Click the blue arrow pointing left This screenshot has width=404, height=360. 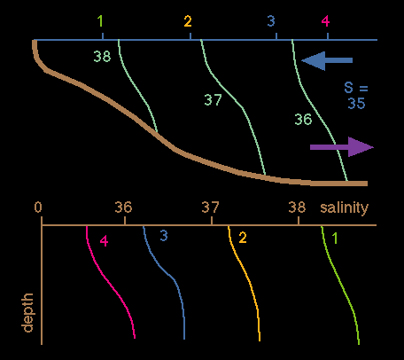point(327,60)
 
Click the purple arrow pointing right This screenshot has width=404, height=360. point(342,147)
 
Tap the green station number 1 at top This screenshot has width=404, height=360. point(101,21)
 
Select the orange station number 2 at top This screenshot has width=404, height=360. point(188,21)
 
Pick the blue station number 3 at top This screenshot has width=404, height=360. point(271,21)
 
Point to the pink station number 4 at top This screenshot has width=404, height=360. point(325,21)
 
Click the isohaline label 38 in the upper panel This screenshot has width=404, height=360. point(102,56)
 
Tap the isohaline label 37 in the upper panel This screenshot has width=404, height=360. point(213,100)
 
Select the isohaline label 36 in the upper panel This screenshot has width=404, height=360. point(303,120)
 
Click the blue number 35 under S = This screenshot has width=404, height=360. point(356,104)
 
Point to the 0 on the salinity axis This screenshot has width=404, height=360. point(38,207)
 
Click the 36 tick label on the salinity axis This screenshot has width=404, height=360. point(123,207)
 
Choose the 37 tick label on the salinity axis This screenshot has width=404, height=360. point(211,207)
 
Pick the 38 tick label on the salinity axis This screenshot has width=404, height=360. point(297,207)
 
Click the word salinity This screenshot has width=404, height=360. point(345,207)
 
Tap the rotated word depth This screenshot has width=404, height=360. point(27,313)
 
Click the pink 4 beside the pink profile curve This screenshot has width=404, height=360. point(104,241)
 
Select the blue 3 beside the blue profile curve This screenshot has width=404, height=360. point(164,236)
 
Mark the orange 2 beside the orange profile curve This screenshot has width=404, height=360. point(243,238)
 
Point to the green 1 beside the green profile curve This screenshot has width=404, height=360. point(335,239)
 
